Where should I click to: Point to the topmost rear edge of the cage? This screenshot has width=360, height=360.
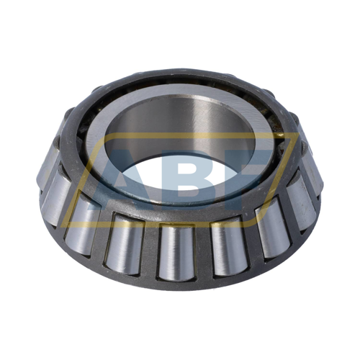pyautogui.click(x=180, y=73)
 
